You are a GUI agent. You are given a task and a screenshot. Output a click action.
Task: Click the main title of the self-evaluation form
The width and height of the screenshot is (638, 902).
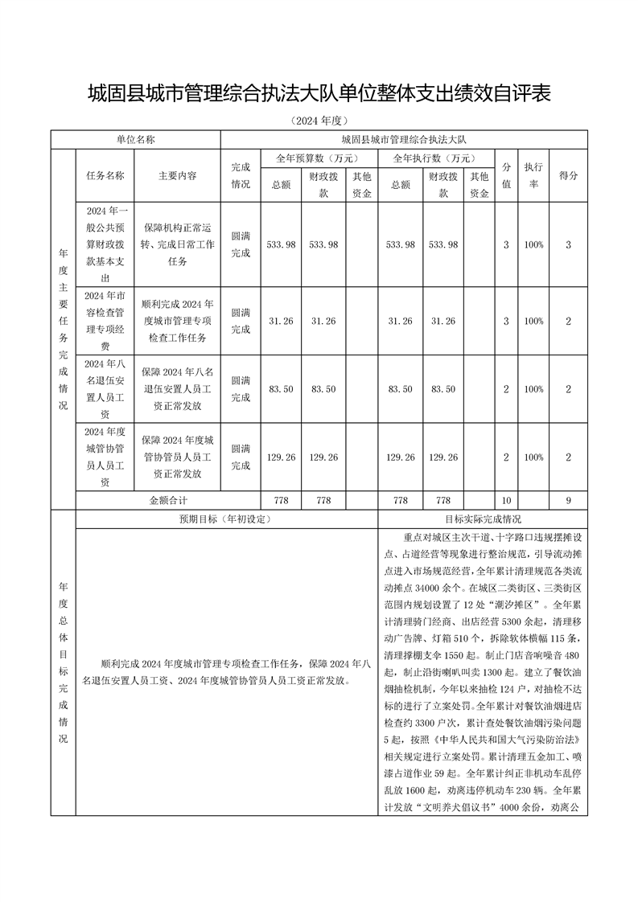[319, 93]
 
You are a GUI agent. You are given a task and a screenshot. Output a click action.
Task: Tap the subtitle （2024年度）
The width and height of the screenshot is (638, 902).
[319, 121]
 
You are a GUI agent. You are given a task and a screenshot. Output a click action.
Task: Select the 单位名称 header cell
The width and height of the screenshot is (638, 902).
[135, 139]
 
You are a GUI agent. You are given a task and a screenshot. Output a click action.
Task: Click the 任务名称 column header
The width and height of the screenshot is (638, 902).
[105, 174]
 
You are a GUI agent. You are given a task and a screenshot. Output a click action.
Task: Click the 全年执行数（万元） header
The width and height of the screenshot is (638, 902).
[435, 158]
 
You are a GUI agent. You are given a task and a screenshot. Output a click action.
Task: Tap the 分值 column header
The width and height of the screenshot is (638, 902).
[506, 174]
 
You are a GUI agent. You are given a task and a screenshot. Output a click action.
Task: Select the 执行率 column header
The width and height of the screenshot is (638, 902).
[533, 174]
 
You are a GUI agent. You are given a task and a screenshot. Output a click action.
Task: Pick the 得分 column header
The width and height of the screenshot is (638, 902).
[568, 174]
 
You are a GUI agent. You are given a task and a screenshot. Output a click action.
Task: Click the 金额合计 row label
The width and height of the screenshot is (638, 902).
[168, 500]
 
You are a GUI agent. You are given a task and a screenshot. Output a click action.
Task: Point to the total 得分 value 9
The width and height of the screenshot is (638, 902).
[568, 500]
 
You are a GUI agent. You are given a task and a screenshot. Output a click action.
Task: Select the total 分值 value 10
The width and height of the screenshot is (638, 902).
[506, 500]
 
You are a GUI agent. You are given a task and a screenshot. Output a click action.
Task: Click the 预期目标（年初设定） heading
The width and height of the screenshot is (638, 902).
[226, 519]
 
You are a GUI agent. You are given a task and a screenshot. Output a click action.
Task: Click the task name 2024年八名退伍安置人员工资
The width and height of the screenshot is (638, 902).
[105, 389]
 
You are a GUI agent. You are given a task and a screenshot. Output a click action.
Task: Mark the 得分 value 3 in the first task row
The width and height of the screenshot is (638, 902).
[568, 244]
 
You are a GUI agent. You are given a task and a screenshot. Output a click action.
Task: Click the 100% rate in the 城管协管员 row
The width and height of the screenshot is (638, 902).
[533, 457]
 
